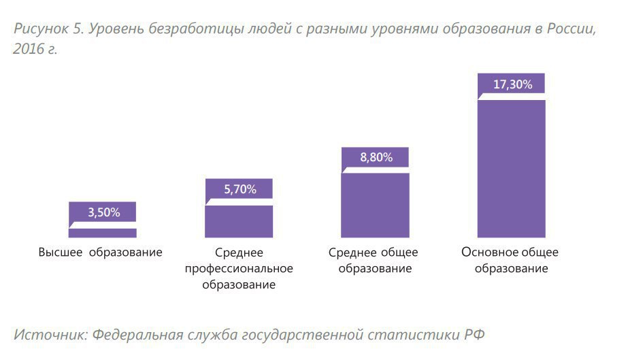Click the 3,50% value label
103,212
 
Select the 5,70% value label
239,189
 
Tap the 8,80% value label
376,157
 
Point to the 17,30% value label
512,84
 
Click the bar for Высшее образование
103,232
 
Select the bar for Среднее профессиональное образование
239,221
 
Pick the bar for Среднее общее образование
376,205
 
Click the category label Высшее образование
101,252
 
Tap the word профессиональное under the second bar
239,269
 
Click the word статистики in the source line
415,335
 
